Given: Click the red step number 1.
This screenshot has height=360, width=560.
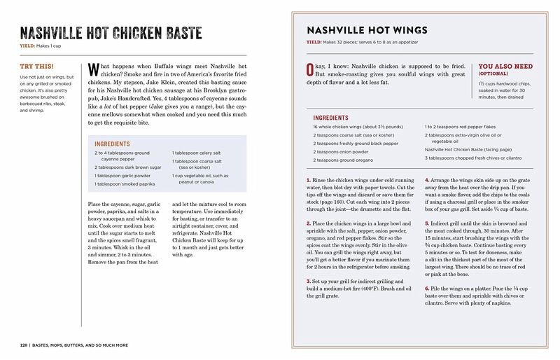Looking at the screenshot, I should (x=308, y=181).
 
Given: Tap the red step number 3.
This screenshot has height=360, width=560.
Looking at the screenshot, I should (x=308, y=281).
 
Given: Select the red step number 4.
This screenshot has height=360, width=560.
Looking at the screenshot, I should (x=426, y=181).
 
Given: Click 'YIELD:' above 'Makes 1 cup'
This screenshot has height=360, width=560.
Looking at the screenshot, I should (x=27, y=46).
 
